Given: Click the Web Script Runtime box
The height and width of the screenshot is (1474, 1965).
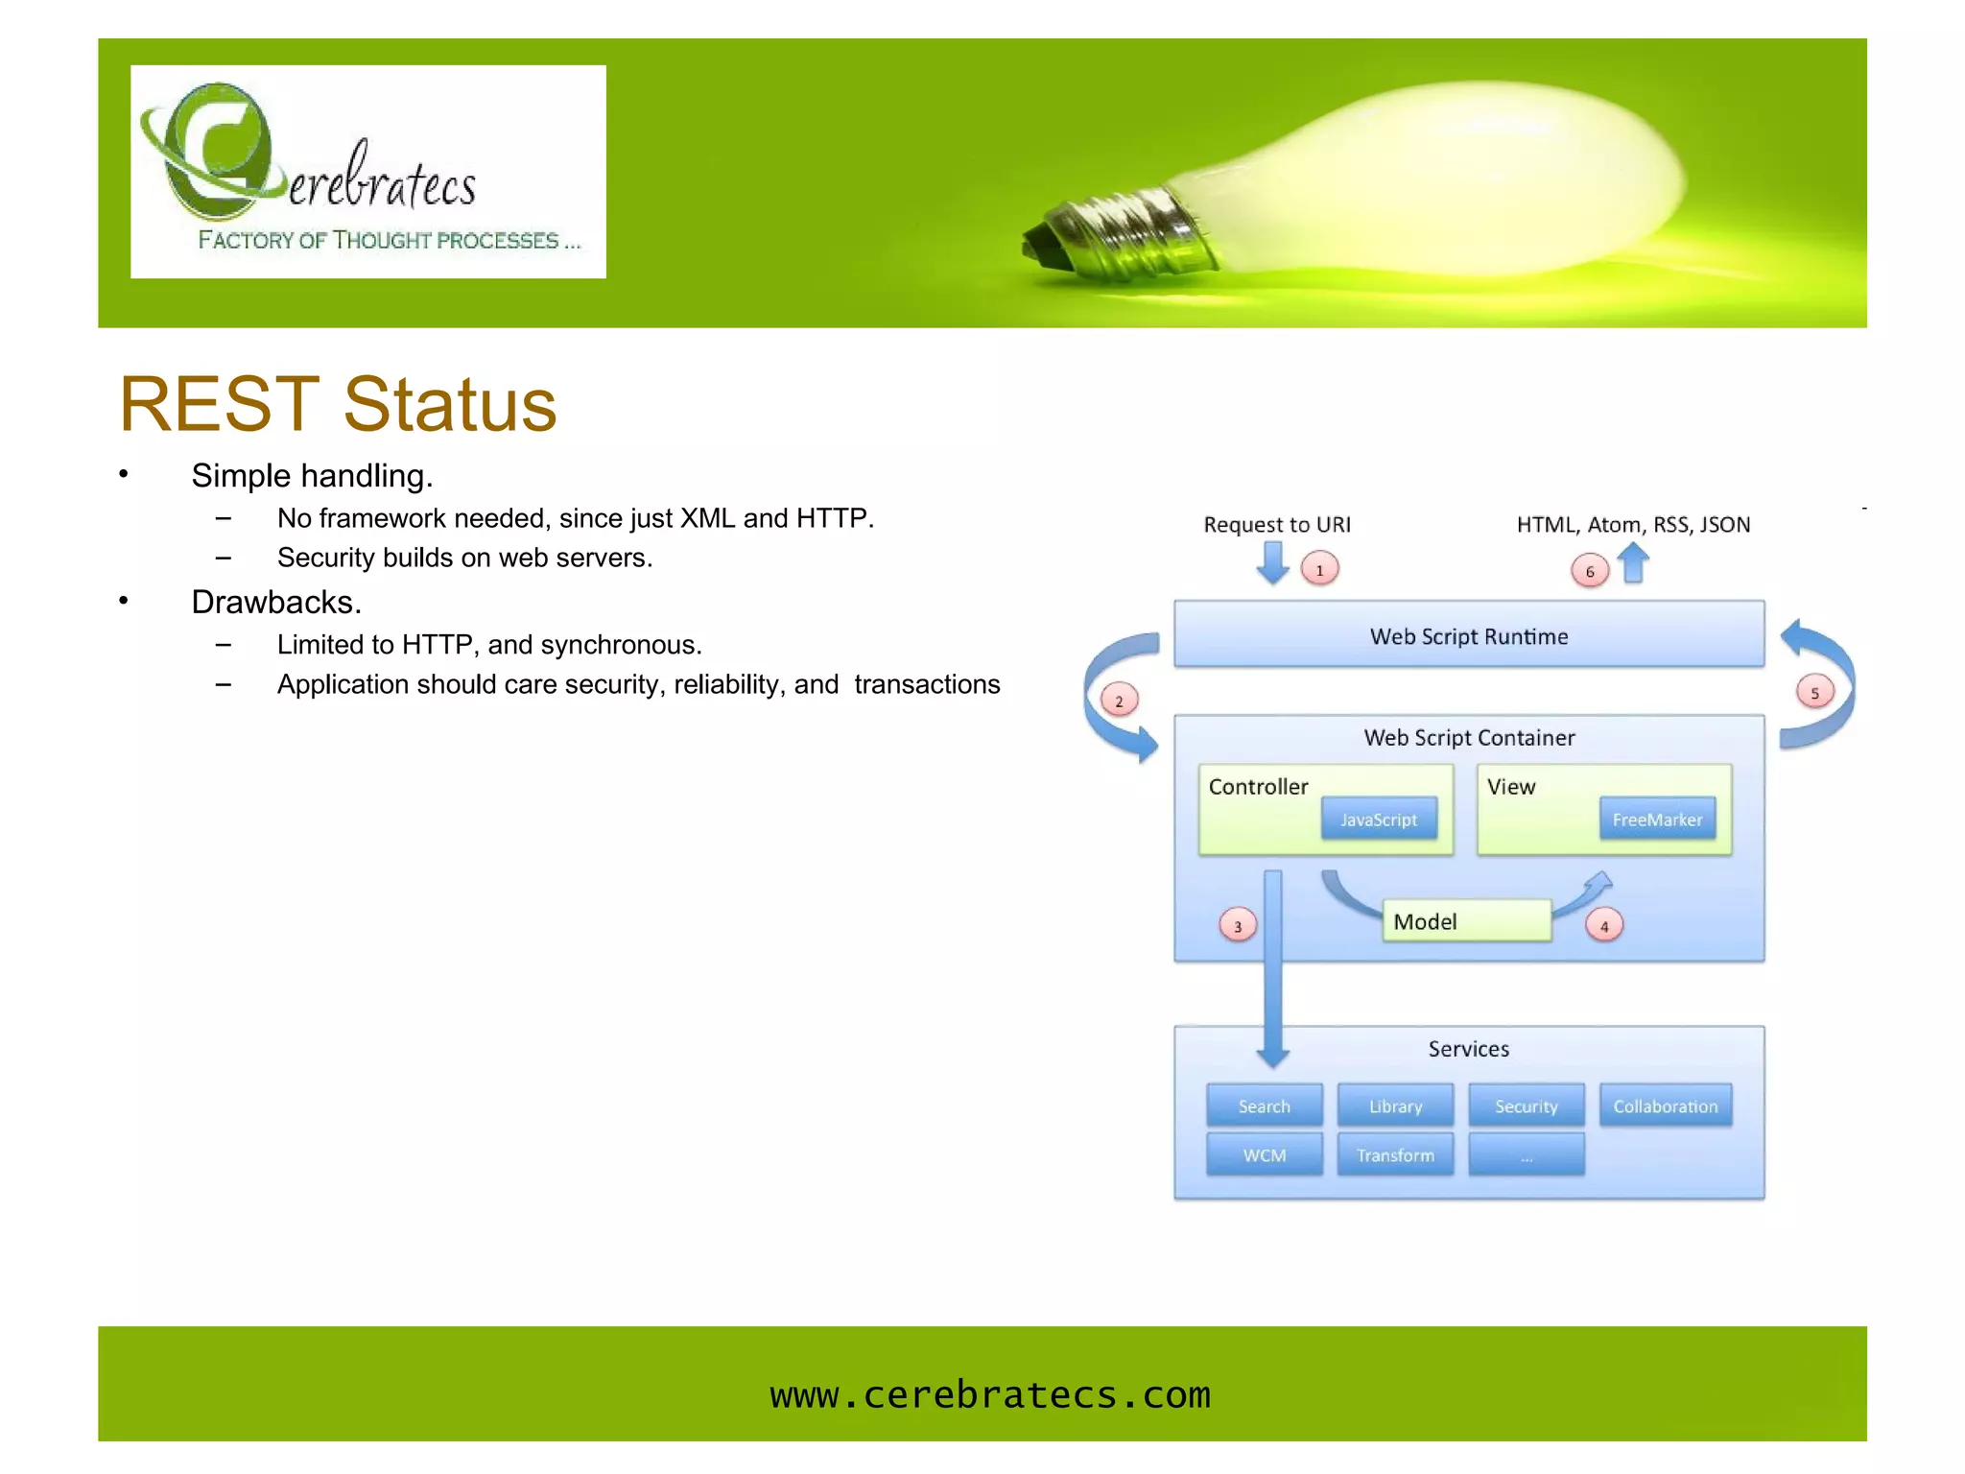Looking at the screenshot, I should point(1468,634).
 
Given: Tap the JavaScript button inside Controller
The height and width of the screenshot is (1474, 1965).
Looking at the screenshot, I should point(1378,819).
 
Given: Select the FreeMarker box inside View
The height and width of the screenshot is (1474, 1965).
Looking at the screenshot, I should point(1656,819).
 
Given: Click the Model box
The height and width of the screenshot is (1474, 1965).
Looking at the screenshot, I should point(1465,920).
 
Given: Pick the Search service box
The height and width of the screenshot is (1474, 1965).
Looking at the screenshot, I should point(1264,1105).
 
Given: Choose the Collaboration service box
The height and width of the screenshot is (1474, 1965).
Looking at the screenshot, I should point(1665,1105).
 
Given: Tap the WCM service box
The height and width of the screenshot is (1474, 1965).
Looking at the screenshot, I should point(1264,1154).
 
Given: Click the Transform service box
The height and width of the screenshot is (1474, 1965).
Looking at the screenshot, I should point(1394,1154).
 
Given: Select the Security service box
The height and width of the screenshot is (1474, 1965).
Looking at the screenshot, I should point(1526,1105).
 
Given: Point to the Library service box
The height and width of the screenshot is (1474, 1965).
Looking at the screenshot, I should point(1394,1105).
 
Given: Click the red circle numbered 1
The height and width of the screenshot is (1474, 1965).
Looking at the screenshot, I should point(1319,569).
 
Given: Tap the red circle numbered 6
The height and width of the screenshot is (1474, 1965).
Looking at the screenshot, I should point(1589,571).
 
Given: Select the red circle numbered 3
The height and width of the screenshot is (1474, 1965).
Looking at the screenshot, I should point(1237,925).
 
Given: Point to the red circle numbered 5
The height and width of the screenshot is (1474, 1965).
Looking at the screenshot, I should point(1813,692).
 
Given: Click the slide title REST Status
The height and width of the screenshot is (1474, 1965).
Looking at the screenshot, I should point(338,404).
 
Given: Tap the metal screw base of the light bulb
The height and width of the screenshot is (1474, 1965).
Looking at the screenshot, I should point(1113,230).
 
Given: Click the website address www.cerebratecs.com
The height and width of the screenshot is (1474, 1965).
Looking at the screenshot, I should point(989,1393).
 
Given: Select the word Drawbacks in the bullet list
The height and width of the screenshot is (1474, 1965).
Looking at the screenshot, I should point(276,602).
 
